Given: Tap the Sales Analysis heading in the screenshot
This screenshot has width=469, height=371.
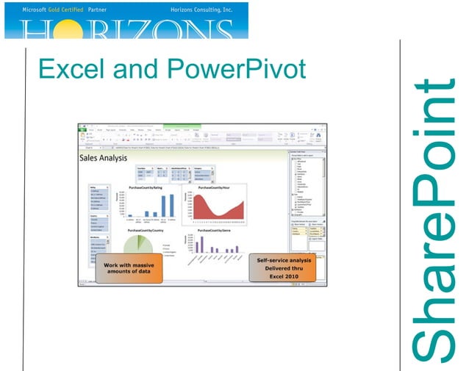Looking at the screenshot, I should coord(102,157).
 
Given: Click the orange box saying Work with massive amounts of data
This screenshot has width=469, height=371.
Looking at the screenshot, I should coord(129,267).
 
